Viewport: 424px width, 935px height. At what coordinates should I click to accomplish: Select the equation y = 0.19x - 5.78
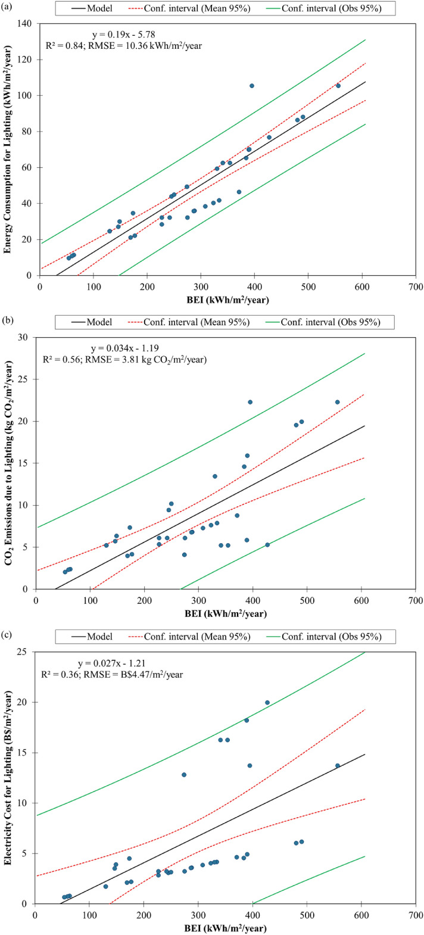pos(123,35)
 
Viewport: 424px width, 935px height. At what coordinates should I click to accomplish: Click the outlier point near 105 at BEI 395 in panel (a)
pos(251,86)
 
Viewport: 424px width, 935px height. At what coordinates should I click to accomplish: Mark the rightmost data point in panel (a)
pos(338,86)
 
